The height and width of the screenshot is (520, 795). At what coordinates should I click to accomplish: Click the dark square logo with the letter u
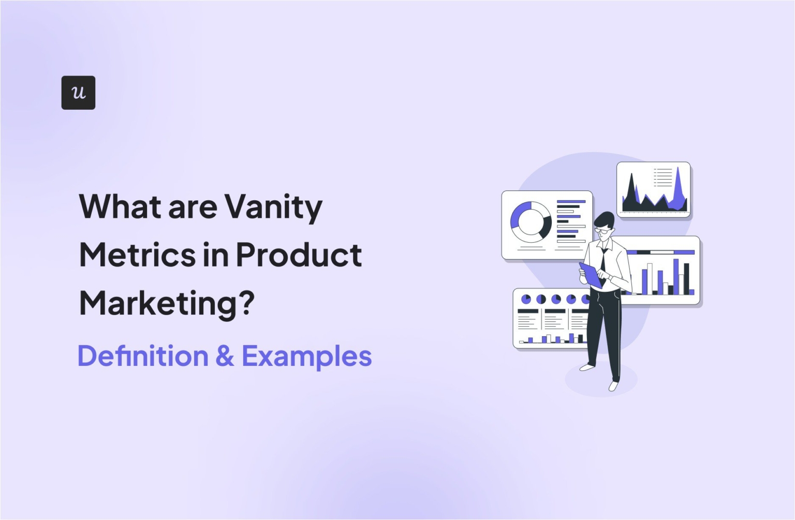pos(78,93)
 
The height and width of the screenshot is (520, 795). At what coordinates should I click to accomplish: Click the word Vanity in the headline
pos(273,207)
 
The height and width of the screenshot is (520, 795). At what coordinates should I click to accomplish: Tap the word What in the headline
pos(120,206)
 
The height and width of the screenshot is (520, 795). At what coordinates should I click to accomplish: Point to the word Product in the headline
pos(299,255)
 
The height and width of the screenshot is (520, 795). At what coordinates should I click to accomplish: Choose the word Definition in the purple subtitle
pos(143,356)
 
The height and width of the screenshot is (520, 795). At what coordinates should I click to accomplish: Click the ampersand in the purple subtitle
pos(225,356)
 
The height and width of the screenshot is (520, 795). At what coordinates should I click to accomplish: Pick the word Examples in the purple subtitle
pos(306,357)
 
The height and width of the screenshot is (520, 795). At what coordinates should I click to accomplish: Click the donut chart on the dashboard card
pos(531,222)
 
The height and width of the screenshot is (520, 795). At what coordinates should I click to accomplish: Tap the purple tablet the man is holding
pos(591,275)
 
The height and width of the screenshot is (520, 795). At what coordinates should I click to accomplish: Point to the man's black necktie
pos(603,264)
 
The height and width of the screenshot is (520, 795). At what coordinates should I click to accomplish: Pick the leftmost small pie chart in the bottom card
pos(526,299)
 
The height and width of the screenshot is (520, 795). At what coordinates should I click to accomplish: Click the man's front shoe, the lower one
pos(613,386)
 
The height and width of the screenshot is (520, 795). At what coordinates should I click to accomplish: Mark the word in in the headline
pos(216,255)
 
